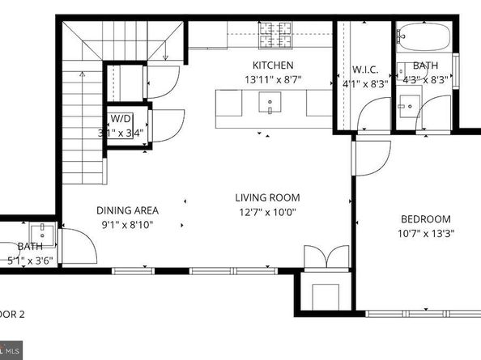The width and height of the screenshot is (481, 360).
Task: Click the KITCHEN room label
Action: coord(272,66)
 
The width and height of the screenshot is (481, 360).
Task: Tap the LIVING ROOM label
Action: coord(267,197)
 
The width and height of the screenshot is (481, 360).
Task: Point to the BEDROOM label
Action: coord(425,219)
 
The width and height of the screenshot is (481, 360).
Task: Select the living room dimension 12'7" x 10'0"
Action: coord(267,213)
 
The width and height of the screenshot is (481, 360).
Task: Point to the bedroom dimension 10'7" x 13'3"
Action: coord(425,235)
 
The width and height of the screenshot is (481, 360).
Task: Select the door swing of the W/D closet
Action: coord(164,125)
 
